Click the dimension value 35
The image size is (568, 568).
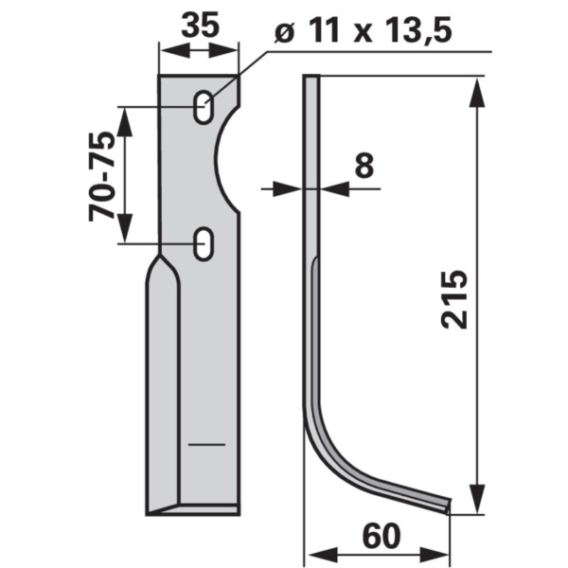201,25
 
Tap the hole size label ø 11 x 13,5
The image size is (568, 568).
364,30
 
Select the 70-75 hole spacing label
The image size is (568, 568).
102,176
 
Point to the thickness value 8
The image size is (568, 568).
364,166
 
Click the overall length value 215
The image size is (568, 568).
454,299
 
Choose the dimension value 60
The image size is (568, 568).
382,536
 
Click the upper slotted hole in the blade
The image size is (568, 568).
204,107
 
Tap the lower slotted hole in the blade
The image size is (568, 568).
204,244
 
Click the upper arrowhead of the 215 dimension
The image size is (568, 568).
477,93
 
